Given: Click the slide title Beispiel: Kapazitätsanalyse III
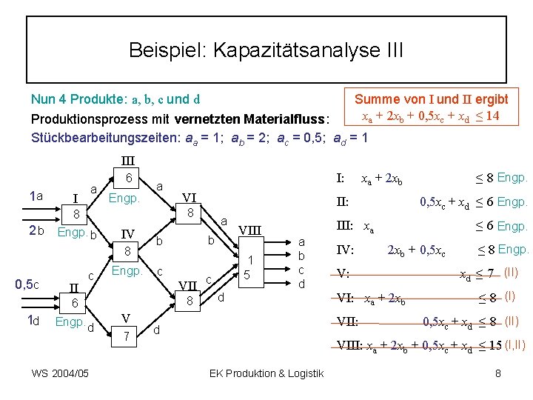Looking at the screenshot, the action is coord(266,50).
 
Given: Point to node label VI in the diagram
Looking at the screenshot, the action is coord(190,198).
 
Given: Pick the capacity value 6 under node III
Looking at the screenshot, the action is coord(129,179).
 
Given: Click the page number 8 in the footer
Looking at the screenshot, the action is coord(498,373).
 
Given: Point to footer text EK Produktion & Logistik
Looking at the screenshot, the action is coord(266,373).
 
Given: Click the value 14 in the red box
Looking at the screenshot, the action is coord(492,116).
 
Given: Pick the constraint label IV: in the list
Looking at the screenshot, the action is coord(346,250).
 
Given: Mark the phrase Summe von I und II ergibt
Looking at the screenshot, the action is coord(431,99).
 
